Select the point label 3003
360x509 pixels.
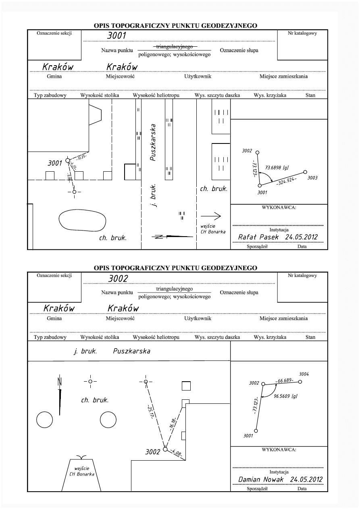[x=312, y=177]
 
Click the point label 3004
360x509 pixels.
[x=304, y=374]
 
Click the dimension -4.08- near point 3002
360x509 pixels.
[x=177, y=453]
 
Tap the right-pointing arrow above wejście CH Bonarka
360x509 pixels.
[x=212, y=216]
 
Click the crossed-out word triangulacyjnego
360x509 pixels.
[x=175, y=47]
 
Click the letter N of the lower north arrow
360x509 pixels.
[x=59, y=380]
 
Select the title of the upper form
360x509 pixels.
[x=175, y=26]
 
